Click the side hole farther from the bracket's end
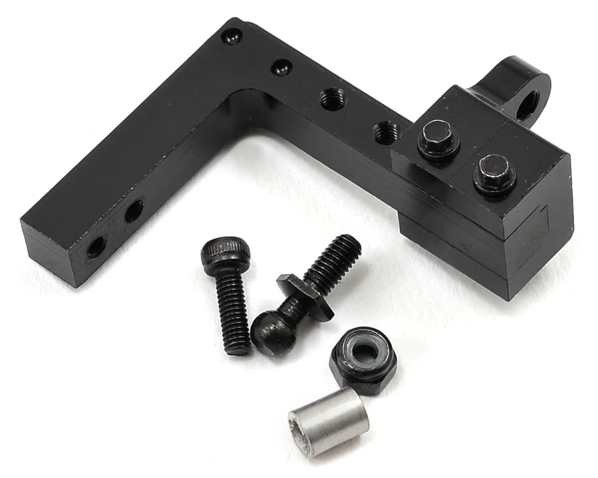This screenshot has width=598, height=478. tap(134, 211)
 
